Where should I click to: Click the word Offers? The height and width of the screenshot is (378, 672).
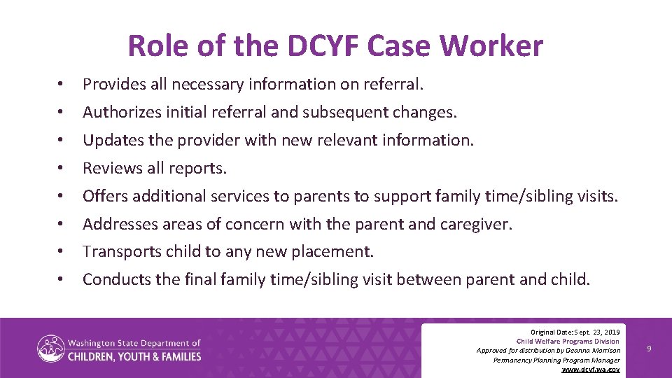(104, 196)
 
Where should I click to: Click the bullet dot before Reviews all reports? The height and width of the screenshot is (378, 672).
(62, 169)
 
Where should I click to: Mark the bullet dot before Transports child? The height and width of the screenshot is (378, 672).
(62, 252)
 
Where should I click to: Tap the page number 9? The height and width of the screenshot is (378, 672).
(649, 348)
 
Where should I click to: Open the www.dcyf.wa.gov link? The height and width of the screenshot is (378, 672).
(591, 369)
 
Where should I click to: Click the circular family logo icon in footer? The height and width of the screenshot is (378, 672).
(50, 349)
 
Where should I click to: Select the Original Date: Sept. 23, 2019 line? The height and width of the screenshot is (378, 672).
(575, 331)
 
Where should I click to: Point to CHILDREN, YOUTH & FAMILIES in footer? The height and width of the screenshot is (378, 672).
(134, 356)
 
